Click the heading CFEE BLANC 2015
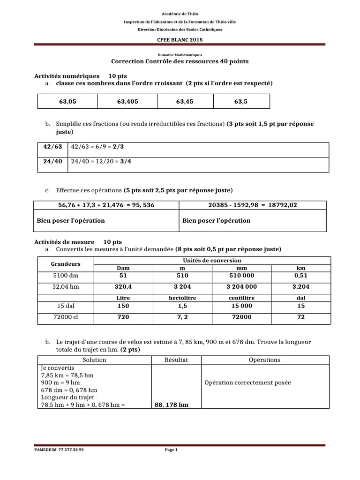pyautogui.click(x=180, y=40)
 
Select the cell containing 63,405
pyautogui.click(x=127, y=101)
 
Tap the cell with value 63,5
pyautogui.click(x=241, y=101)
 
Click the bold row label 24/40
pyautogui.click(x=52, y=161)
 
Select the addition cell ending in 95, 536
pyautogui.click(x=106, y=205)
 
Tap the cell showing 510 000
pyautogui.click(x=241, y=276)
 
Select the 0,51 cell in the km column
pyautogui.click(x=301, y=276)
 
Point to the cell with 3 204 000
pyautogui.click(x=241, y=286)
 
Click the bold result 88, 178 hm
pyautogui.click(x=172, y=405)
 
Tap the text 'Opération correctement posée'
pyautogui.click(x=247, y=382)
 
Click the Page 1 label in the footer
pyautogui.click(x=171, y=450)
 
